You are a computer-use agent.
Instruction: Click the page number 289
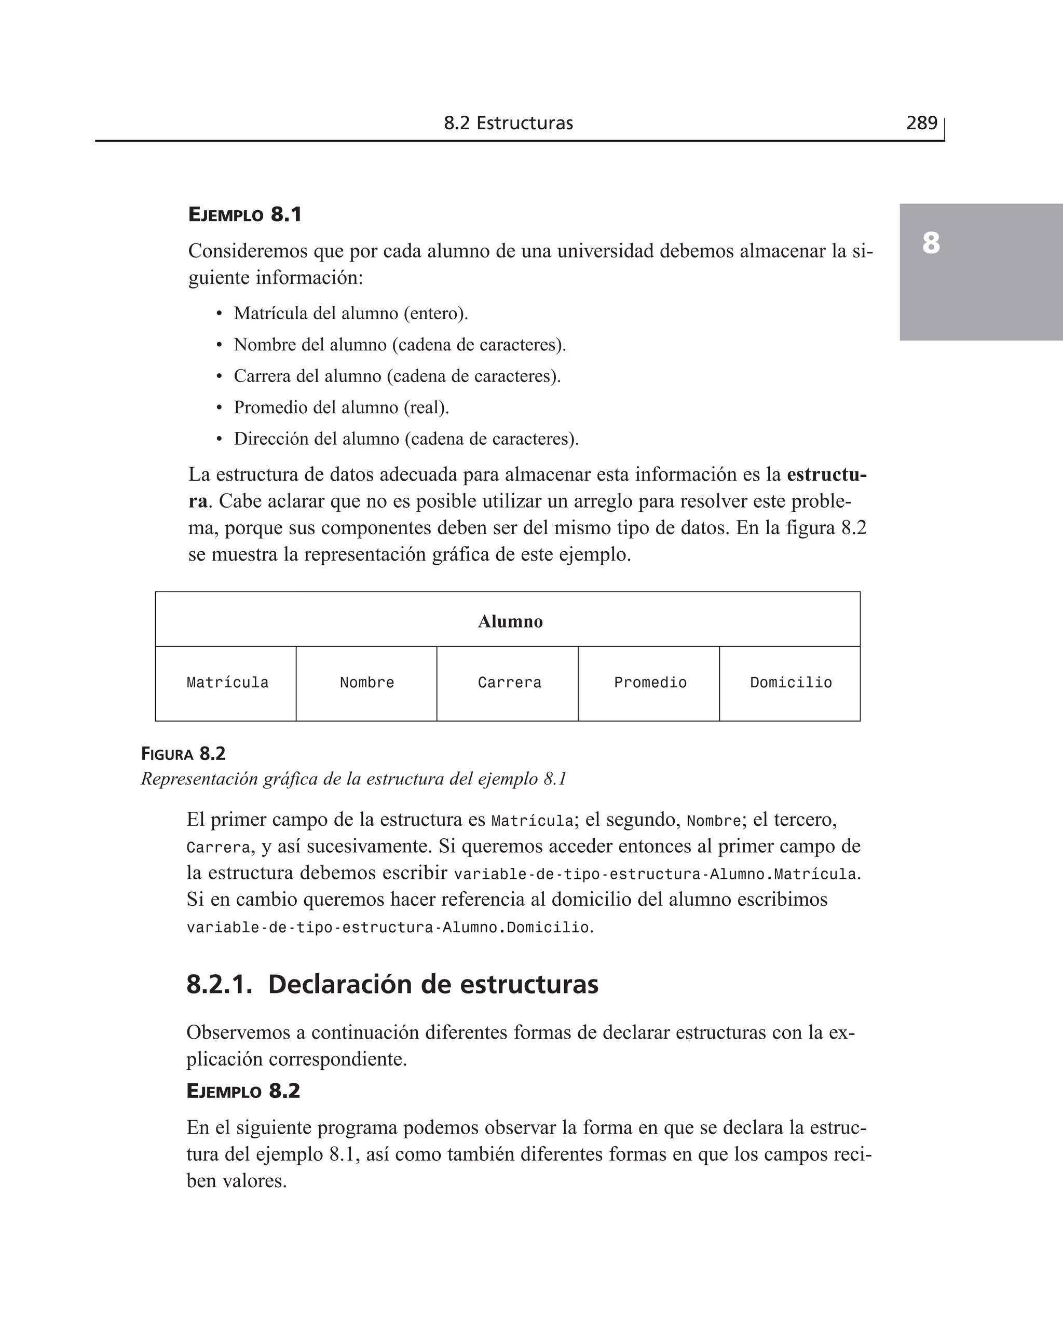[x=921, y=123]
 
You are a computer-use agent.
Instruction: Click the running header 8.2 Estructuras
[x=508, y=123]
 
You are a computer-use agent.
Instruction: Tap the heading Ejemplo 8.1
[x=245, y=215]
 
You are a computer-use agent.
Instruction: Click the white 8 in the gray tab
[x=930, y=243]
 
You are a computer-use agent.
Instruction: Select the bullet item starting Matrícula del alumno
[x=350, y=314]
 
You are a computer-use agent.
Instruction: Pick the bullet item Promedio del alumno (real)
[x=341, y=407]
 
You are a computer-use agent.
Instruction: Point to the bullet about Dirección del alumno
[x=406, y=439]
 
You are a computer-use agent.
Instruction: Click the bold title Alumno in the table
[x=510, y=621]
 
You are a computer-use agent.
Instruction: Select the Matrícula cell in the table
[x=227, y=683]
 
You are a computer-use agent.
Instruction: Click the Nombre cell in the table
[x=367, y=683]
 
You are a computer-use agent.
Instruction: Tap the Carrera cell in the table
[x=510, y=683]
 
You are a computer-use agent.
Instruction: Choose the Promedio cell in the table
[x=650, y=683]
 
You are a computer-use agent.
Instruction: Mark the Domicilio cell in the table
[x=791, y=683]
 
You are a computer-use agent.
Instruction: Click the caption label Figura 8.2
[x=183, y=754]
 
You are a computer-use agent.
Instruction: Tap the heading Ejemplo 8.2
[x=243, y=1091]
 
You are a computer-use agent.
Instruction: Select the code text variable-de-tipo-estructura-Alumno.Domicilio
[x=389, y=928]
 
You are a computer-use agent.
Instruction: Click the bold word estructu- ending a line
[x=826, y=474]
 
